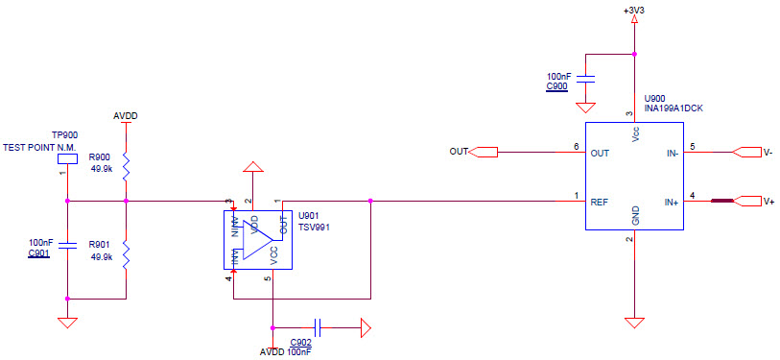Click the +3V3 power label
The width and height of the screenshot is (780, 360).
click(x=632, y=10)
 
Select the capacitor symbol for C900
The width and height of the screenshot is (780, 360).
click(x=590, y=76)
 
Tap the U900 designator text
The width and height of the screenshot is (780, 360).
click(x=654, y=98)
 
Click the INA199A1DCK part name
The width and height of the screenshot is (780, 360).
click(x=674, y=108)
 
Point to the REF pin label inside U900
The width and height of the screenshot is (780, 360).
click(x=599, y=202)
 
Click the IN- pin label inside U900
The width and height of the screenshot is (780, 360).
click(x=672, y=152)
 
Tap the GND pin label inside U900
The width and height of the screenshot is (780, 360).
click(x=635, y=215)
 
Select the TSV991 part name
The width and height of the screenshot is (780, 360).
click(x=314, y=228)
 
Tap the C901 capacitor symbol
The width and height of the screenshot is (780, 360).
click(x=67, y=246)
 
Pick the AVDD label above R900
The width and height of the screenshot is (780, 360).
click(x=126, y=116)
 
